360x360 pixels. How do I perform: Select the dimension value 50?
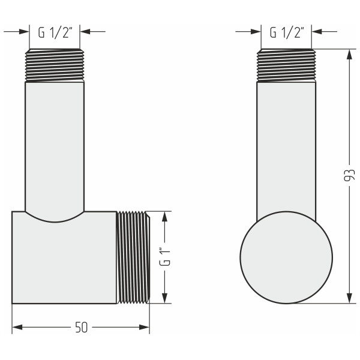click(81, 328)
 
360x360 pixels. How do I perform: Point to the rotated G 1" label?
click(164, 257)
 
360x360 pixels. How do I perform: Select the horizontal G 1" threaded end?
click(132, 257)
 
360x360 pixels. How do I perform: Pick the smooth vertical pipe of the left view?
click(55, 144)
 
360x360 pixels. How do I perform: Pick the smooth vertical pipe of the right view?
click(286, 144)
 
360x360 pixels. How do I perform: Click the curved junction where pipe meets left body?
click(55, 217)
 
